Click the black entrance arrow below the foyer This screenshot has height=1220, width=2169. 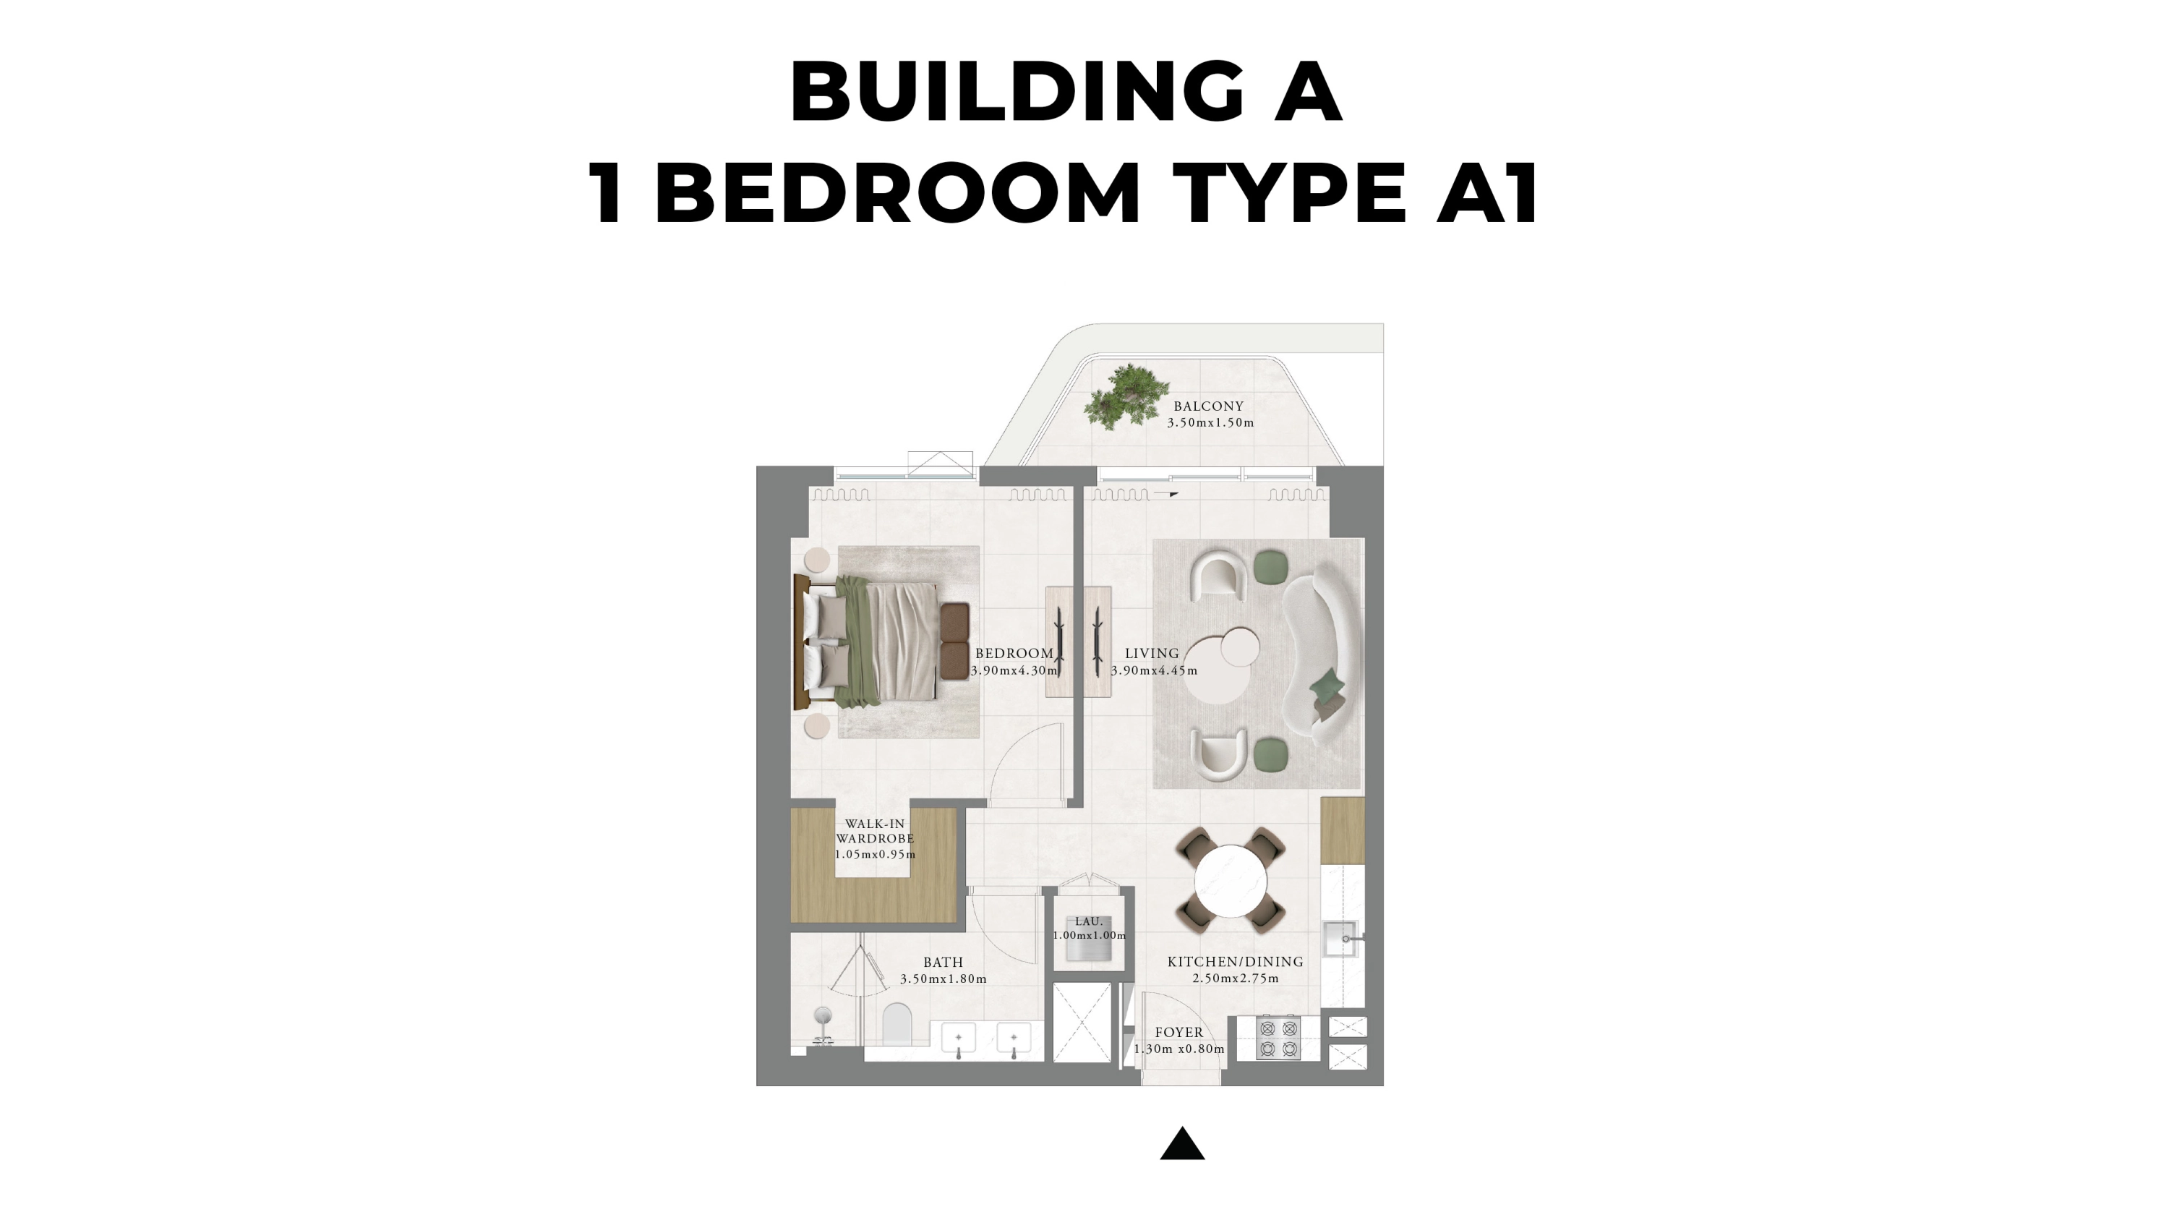pyautogui.click(x=1182, y=1144)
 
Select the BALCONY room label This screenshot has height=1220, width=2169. pyautogui.click(x=1208, y=406)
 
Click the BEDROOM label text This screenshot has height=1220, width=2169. pyautogui.click(x=1014, y=653)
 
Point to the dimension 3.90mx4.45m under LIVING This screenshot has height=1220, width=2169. pyautogui.click(x=1153, y=671)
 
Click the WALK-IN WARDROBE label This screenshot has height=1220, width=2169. pyautogui.click(x=875, y=831)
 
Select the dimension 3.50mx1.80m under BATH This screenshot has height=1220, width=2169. pyautogui.click(x=943, y=979)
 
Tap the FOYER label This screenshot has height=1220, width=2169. pyautogui.click(x=1178, y=1032)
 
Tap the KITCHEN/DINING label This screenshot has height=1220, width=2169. pyautogui.click(x=1235, y=962)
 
